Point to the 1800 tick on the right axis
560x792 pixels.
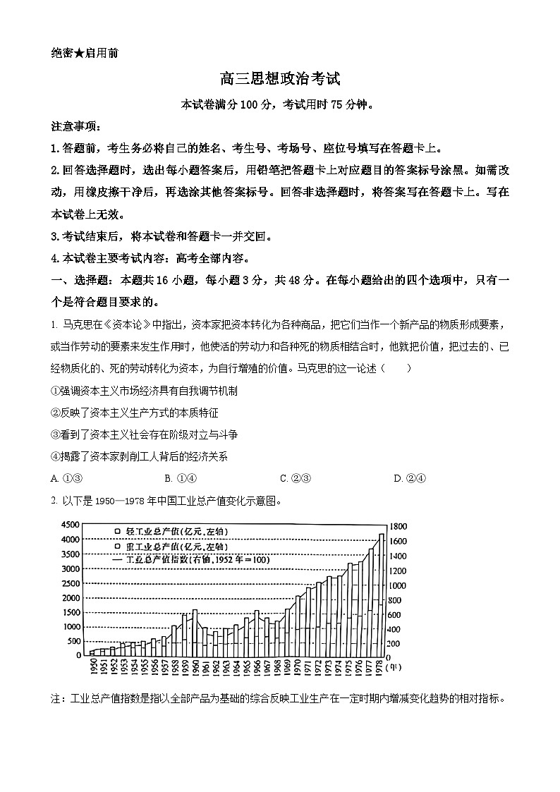[398, 526]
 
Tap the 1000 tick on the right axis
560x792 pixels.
[398, 585]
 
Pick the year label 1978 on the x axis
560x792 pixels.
[381, 666]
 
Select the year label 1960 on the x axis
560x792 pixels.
[195, 666]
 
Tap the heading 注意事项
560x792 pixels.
[76, 127]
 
